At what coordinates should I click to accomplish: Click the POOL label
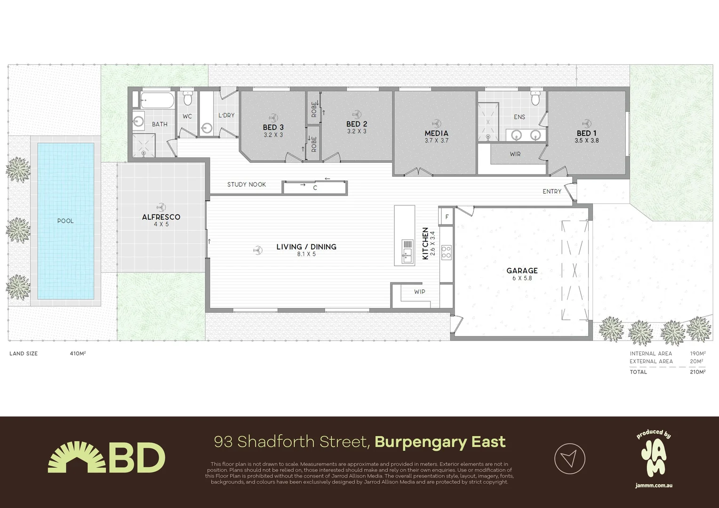pos(65,221)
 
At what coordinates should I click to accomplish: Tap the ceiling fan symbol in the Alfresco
pos(161,207)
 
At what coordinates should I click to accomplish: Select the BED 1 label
pos(586,133)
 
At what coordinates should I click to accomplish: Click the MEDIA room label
pos(436,133)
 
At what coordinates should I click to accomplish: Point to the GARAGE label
pos(522,270)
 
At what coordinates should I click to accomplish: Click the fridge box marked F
pos(447,217)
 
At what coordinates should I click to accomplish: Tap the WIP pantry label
pos(420,292)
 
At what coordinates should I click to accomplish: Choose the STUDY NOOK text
pos(247,184)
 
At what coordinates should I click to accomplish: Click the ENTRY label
pos(552,191)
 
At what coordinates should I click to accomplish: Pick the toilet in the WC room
pos(187,98)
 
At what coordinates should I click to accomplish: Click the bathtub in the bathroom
pos(157,100)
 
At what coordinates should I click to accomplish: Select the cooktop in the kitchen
pos(446,252)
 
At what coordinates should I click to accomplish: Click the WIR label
pos(515,154)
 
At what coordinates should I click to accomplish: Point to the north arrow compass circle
pos(569,458)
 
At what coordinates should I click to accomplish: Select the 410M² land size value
pos(78,353)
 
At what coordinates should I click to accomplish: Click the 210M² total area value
pos(697,372)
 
